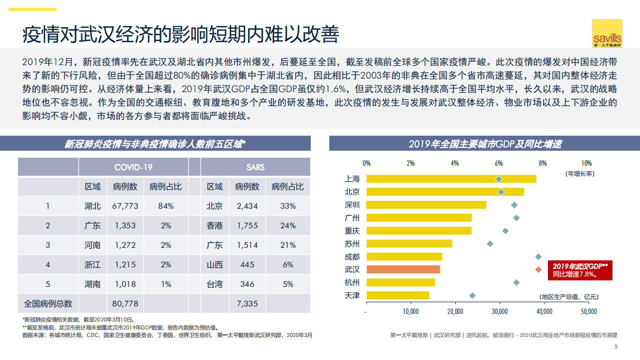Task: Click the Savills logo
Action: click(607, 34)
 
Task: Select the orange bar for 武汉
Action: click(403, 269)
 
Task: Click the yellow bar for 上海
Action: click(451, 179)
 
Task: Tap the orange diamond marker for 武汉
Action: click(538, 269)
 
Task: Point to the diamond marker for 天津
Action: click(472, 295)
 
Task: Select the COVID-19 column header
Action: click(133, 167)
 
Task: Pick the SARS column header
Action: click(255, 167)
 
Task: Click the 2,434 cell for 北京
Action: click(247, 206)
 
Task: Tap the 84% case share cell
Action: click(166, 206)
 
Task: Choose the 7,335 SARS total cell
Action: click(247, 303)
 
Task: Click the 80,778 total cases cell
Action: click(126, 303)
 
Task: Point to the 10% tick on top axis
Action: click(586, 163)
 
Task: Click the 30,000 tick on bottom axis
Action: click(499, 311)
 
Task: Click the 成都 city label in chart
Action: click(352, 256)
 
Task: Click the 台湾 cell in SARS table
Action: click(215, 284)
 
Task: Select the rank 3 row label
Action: click(48, 245)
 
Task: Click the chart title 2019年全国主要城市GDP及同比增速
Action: click(484, 144)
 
